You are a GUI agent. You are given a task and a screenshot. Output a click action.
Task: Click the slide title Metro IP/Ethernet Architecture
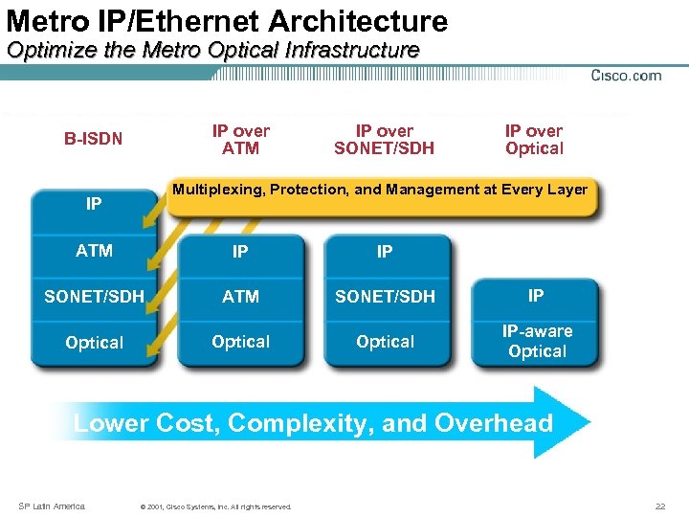[x=227, y=20]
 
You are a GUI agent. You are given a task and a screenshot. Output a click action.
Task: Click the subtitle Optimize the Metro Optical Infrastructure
[x=212, y=51]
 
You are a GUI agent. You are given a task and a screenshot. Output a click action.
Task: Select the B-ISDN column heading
[x=94, y=139]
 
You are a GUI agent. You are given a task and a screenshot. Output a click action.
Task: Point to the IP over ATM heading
[x=240, y=139]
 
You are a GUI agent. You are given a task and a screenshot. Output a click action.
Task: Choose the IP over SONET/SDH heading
[x=384, y=139]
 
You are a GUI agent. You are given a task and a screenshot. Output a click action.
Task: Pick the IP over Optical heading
[x=534, y=139]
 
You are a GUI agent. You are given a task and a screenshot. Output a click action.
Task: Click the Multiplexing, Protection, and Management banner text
[x=379, y=190]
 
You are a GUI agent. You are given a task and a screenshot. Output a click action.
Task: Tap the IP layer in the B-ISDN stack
[x=94, y=204]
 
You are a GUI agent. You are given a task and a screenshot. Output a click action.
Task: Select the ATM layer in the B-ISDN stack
[x=94, y=251]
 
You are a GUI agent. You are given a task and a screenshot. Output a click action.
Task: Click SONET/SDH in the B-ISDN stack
[x=94, y=297]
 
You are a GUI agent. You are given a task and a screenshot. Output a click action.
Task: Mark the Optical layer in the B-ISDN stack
[x=94, y=343]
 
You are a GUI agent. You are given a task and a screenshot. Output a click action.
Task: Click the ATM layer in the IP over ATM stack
[x=240, y=297]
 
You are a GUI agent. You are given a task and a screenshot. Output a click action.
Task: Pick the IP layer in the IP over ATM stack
[x=240, y=252]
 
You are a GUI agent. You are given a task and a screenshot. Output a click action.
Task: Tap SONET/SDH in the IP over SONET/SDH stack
[x=385, y=297]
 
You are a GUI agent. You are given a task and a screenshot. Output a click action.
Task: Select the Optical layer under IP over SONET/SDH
[x=385, y=342]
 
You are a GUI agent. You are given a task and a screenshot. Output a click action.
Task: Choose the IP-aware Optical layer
[x=537, y=342]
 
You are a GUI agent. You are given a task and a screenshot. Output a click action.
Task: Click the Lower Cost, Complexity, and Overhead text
[x=313, y=423]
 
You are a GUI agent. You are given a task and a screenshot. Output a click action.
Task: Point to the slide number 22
[x=660, y=506]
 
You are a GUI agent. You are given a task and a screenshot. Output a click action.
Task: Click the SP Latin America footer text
[x=53, y=506]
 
